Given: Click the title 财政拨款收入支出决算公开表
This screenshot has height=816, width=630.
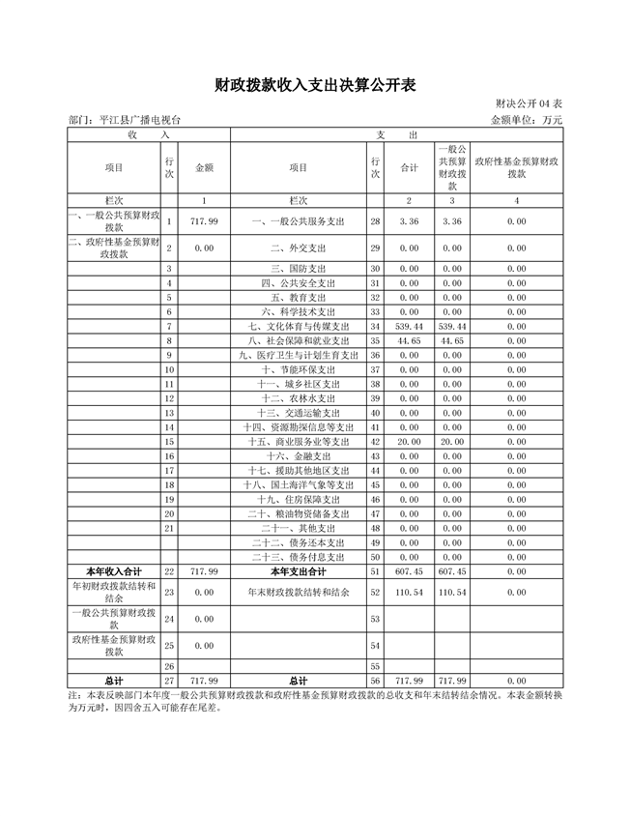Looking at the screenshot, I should tap(315, 86).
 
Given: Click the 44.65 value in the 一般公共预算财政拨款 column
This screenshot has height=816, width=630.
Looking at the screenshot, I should tap(452, 341).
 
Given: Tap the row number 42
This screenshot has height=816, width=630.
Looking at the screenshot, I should tap(375, 441).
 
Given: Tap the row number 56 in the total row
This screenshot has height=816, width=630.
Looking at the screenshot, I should tap(375, 681).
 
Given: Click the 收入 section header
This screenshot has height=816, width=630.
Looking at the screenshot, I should tap(113, 135).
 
